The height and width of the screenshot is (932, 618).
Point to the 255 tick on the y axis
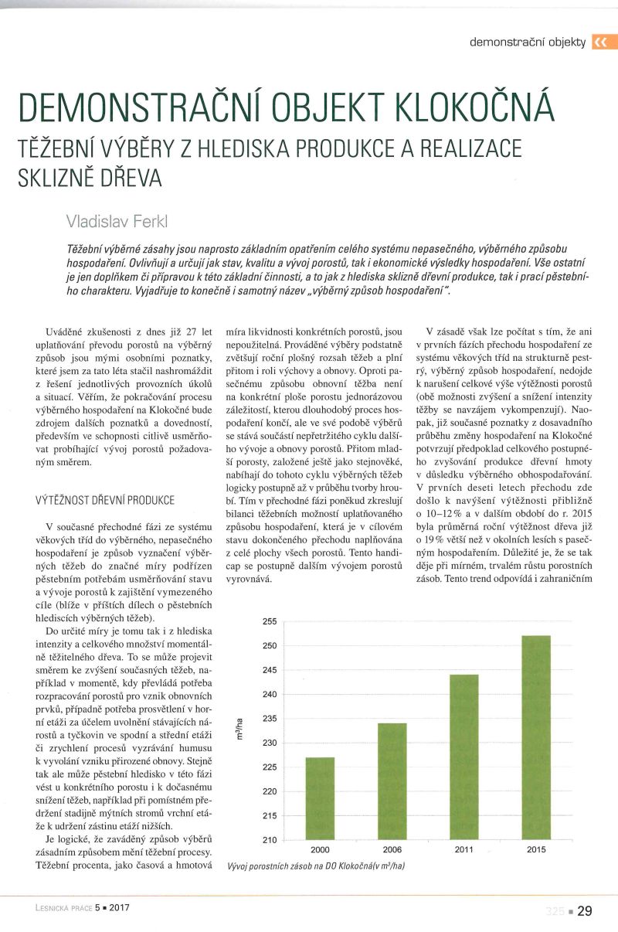269,621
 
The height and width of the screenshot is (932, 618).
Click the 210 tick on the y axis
269,840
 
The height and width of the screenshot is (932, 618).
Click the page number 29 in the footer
585,911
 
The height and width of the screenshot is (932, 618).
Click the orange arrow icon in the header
599,43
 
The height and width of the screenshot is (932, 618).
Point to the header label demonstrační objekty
528,42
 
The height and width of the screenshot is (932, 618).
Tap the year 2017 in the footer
118,910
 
